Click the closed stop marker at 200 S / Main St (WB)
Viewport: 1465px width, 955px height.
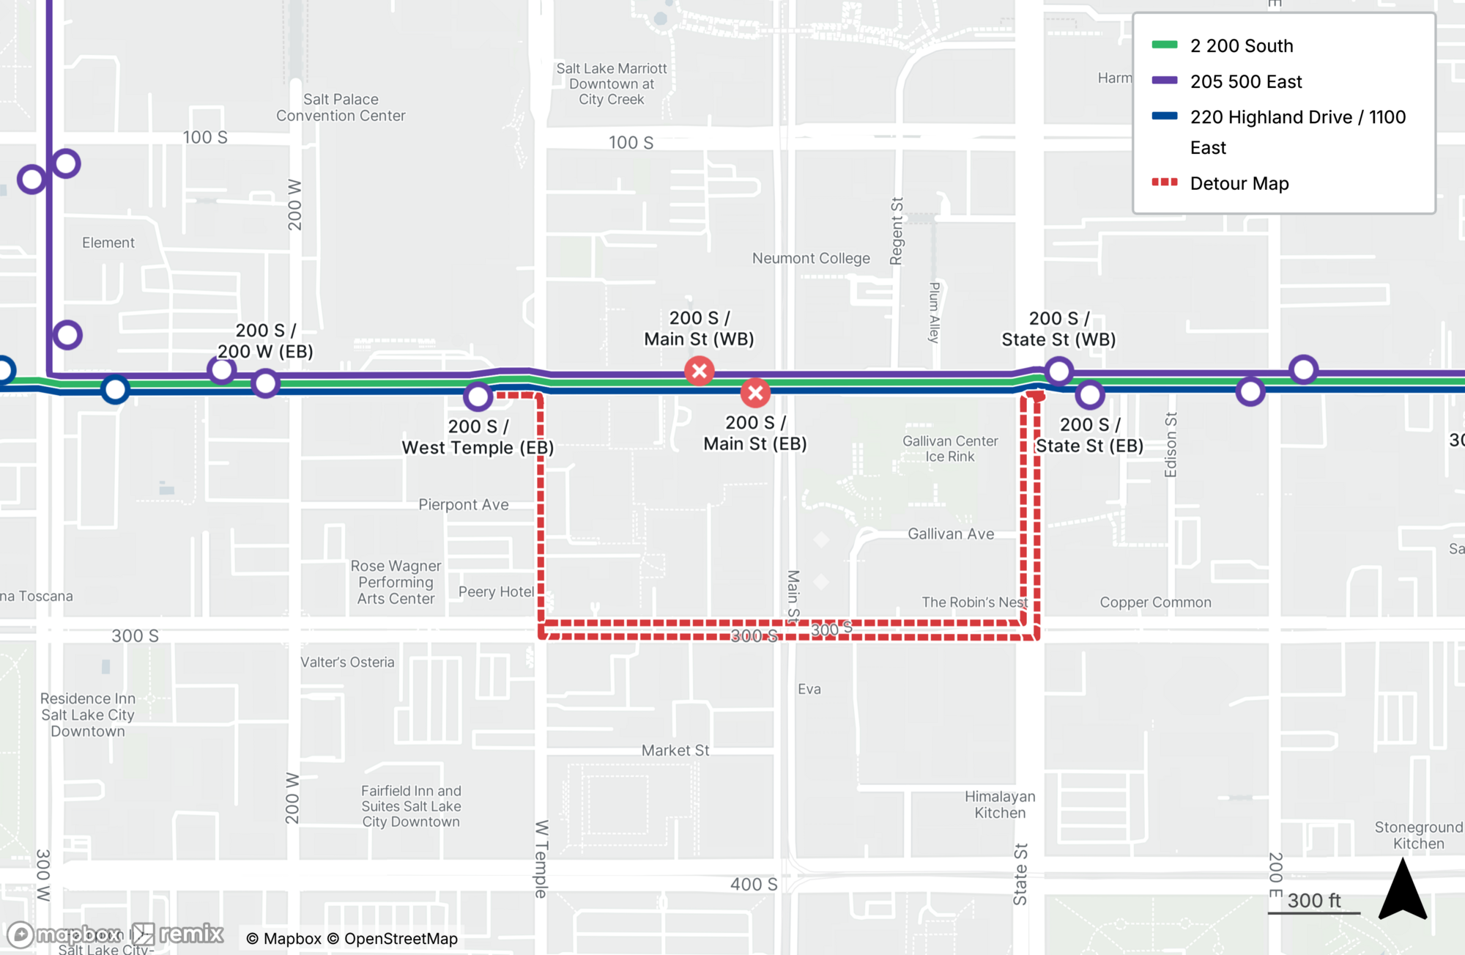pos(700,371)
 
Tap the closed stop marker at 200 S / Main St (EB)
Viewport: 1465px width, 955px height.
pos(755,394)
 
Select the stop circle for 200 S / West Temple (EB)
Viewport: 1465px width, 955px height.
pos(478,397)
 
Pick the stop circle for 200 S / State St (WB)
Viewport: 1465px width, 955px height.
pos(1058,372)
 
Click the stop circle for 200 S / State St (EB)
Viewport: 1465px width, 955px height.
pos(1090,395)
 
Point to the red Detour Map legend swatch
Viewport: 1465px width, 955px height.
pos(1164,182)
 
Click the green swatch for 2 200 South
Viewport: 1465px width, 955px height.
pos(1164,45)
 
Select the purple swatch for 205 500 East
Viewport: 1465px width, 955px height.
pos(1164,81)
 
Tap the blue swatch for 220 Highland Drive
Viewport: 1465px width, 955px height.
pos(1164,116)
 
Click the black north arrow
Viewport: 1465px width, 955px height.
pos(1402,891)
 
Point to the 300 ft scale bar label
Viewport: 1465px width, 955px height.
pos(1314,901)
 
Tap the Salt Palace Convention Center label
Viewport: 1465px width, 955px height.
pos(341,107)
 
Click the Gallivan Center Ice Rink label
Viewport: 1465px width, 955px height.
pos(950,449)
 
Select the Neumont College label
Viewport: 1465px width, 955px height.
pos(811,258)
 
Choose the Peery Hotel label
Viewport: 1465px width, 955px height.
pos(496,591)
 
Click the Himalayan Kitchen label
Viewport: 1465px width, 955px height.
pos(1000,804)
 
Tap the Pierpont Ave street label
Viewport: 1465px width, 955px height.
pos(463,504)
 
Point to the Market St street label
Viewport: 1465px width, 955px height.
pos(675,750)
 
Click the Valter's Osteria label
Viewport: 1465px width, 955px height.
pos(347,662)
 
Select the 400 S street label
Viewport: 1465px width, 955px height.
pos(753,884)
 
